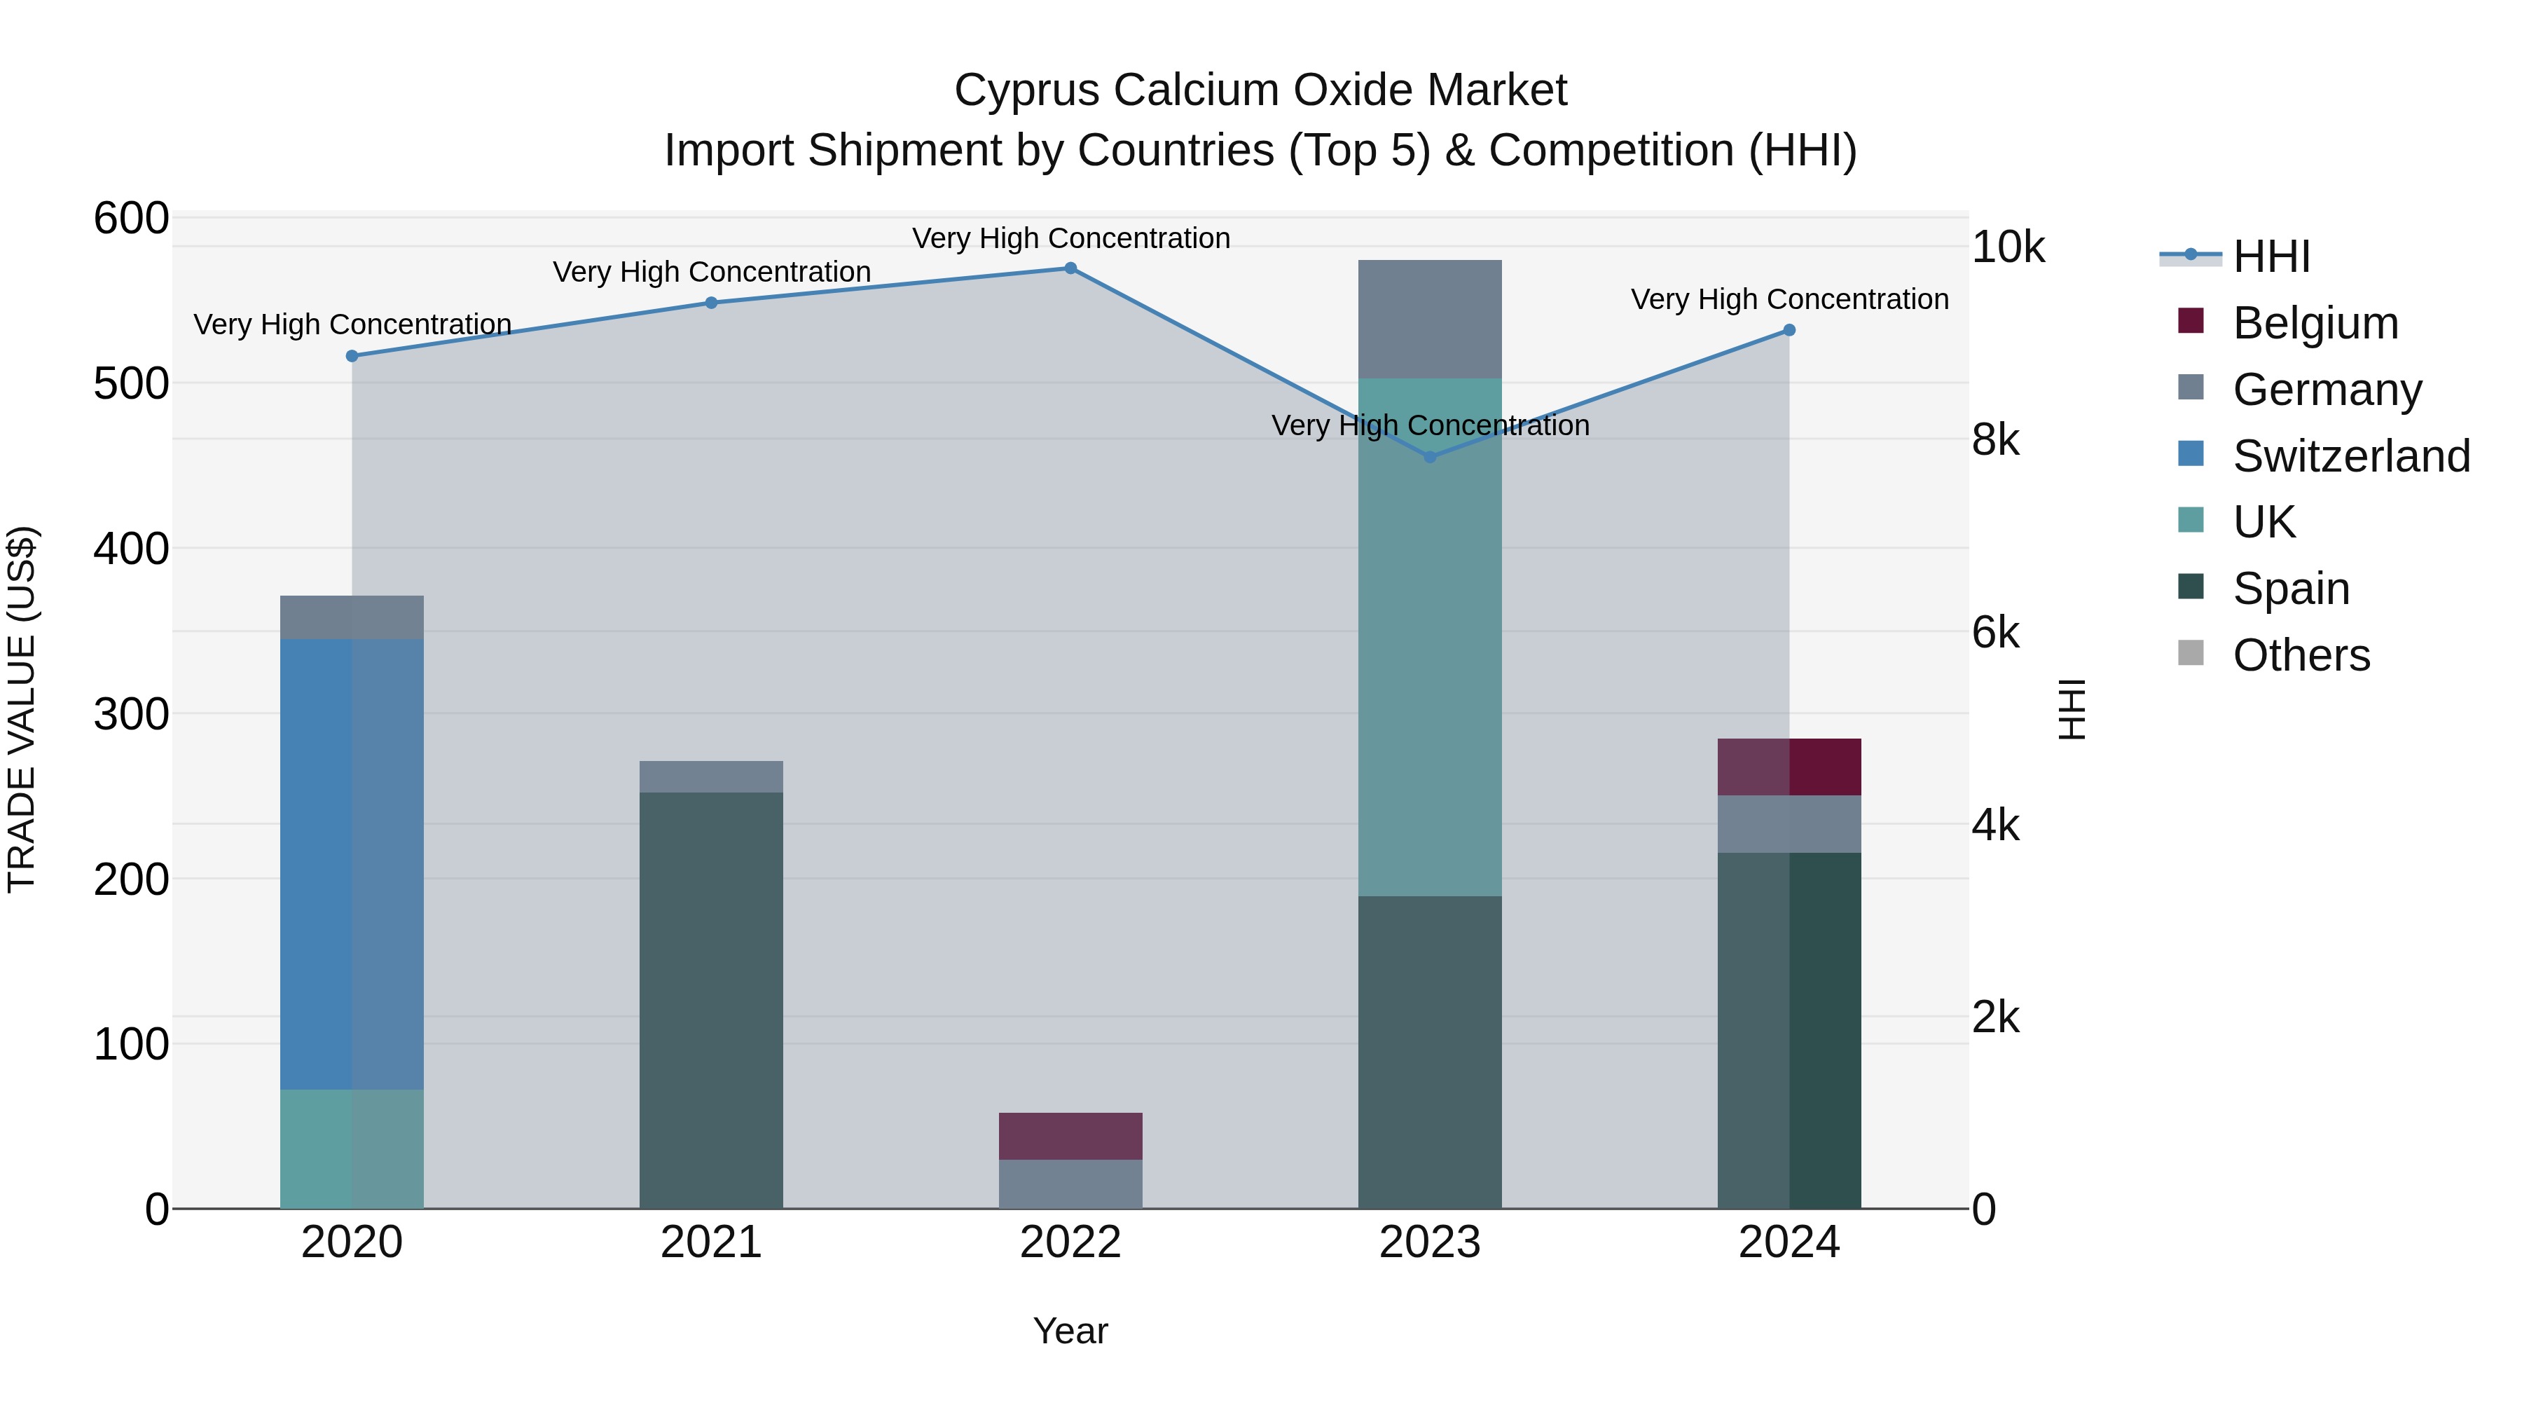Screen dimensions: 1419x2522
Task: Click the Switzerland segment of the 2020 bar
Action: click(x=352, y=864)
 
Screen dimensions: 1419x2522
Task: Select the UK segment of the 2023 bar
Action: click(x=1429, y=636)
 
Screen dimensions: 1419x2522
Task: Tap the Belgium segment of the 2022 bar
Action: click(x=1070, y=1136)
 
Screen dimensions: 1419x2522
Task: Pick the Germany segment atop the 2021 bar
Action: click(x=711, y=776)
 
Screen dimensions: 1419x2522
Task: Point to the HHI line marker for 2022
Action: click(x=1070, y=268)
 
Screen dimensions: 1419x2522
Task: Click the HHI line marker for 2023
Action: click(x=1429, y=458)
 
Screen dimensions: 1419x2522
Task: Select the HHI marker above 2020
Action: click(x=352, y=357)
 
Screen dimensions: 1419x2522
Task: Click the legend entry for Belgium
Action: click(x=2315, y=323)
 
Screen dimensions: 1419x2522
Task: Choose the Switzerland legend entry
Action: click(x=2350, y=456)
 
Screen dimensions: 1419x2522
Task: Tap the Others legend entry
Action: click(x=2301, y=655)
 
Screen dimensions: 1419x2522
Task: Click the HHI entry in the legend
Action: click(x=2271, y=256)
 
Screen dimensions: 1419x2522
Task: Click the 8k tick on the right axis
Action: click(x=1995, y=441)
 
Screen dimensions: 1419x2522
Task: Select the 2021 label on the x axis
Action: click(x=711, y=1242)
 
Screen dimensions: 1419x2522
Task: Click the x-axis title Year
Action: click(x=1070, y=1331)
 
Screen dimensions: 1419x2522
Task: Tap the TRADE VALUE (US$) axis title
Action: click(x=22, y=709)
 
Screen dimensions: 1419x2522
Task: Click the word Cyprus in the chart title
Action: click(x=1027, y=90)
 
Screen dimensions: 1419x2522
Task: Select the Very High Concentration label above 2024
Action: click(x=1789, y=300)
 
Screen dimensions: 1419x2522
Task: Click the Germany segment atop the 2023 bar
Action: click(x=1429, y=320)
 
